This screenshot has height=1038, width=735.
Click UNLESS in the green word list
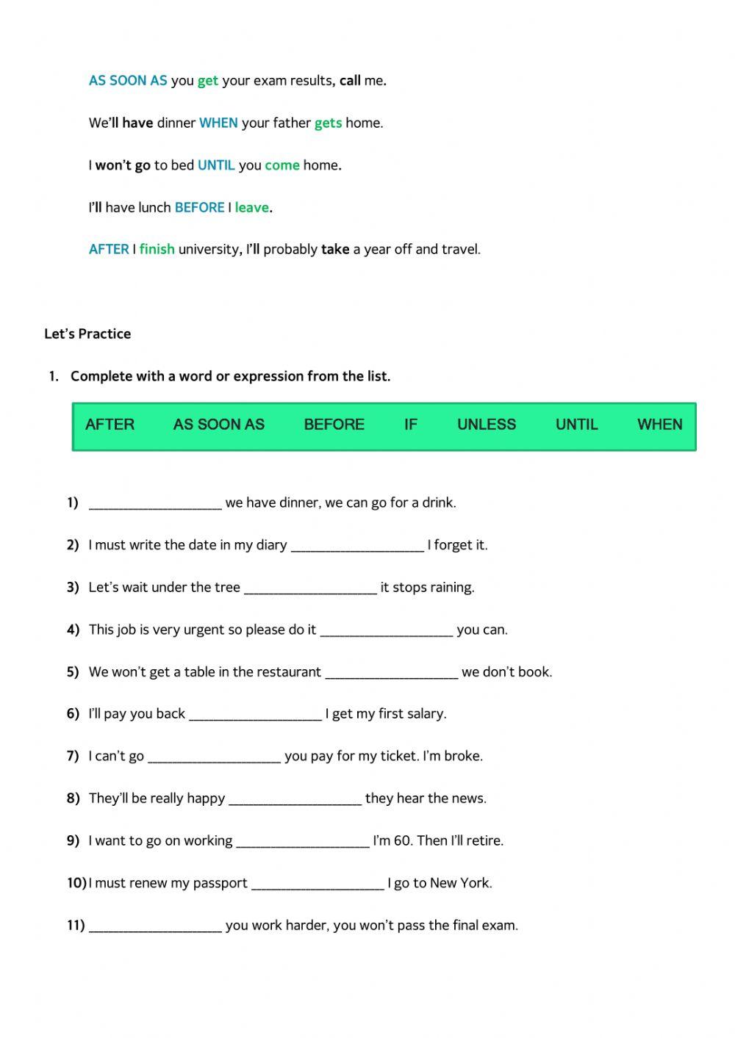click(x=486, y=424)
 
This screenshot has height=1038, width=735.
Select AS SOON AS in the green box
click(x=218, y=424)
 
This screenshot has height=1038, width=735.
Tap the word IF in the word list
click(x=410, y=424)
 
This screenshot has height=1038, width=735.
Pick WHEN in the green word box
click(x=659, y=424)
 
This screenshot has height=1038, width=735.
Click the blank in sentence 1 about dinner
click(x=155, y=503)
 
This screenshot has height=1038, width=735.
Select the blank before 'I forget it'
click(x=357, y=545)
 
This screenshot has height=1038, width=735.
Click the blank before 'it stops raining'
click(x=310, y=588)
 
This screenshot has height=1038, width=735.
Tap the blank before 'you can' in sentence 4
click(x=387, y=630)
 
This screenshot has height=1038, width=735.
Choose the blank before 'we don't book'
click(x=391, y=672)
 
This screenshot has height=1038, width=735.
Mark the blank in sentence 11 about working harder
click(x=155, y=926)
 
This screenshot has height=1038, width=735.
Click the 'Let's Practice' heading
click(x=87, y=334)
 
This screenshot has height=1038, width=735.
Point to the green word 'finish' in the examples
click(x=157, y=249)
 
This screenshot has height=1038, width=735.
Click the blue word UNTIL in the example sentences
click(x=216, y=165)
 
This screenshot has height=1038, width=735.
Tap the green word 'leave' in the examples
click(x=251, y=207)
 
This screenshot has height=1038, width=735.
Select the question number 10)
click(x=76, y=883)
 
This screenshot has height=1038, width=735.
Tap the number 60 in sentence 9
click(x=403, y=840)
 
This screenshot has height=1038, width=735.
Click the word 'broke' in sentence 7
click(x=462, y=756)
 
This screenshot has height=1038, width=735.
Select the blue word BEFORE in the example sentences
click(x=199, y=207)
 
